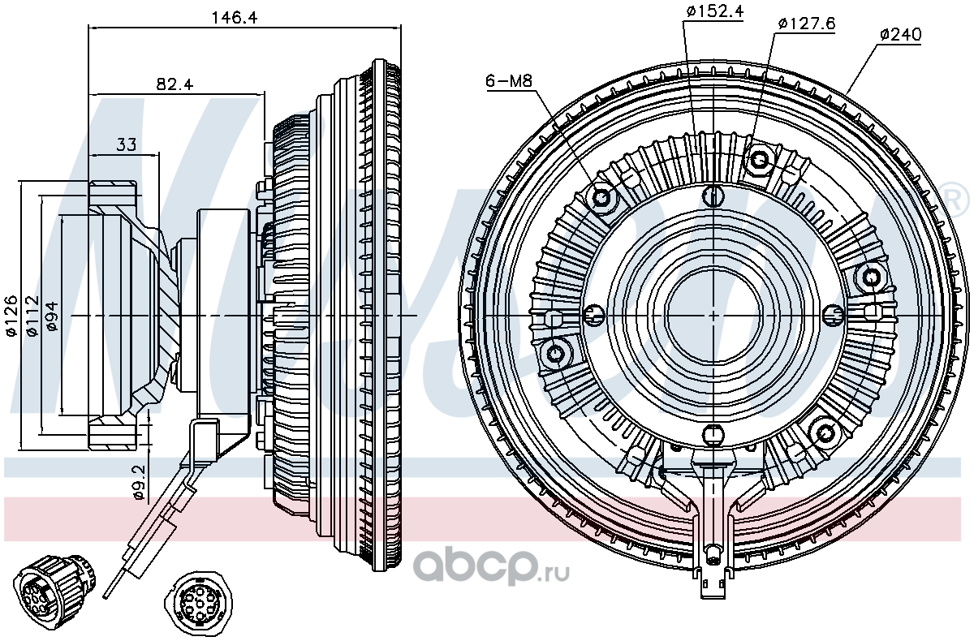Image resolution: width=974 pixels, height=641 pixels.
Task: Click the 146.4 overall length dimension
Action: pyautogui.click(x=235, y=17)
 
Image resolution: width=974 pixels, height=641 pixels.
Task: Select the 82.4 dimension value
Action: pyautogui.click(x=175, y=84)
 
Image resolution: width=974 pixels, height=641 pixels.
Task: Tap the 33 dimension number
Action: pyautogui.click(x=127, y=144)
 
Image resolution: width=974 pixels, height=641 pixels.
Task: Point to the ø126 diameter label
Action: pyautogui.click(x=11, y=316)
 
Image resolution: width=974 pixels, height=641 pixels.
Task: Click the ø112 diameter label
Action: pyautogui.click(x=33, y=316)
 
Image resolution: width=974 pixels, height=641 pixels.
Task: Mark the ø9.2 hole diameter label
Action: pyautogui.click(x=138, y=483)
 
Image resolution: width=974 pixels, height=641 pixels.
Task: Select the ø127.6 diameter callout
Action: pyautogui.click(x=806, y=24)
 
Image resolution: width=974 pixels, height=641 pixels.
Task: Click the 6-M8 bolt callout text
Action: pyautogui.click(x=509, y=81)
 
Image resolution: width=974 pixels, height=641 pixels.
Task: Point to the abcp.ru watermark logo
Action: pyautogui.click(x=490, y=568)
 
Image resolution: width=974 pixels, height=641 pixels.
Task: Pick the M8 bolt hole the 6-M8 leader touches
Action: pyautogui.click(x=601, y=199)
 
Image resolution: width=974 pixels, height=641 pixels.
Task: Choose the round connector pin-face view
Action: pyautogui.click(x=198, y=604)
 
